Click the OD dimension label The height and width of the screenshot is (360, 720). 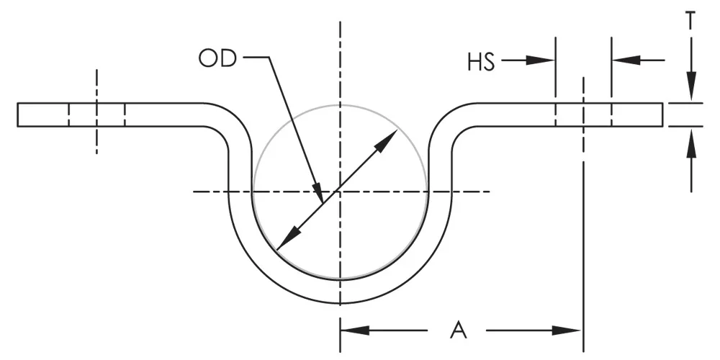click(217, 58)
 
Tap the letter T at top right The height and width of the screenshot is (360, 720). click(690, 21)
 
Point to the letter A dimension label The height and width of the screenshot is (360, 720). click(459, 330)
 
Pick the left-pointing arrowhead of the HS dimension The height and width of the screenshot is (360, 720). click(625, 61)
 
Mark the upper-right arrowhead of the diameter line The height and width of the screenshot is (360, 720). click(388, 140)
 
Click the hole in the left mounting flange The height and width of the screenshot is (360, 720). click(96, 114)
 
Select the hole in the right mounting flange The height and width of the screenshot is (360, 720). click(583, 114)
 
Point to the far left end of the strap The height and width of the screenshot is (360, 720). click(19, 114)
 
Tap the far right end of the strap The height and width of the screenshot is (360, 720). click(662, 114)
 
